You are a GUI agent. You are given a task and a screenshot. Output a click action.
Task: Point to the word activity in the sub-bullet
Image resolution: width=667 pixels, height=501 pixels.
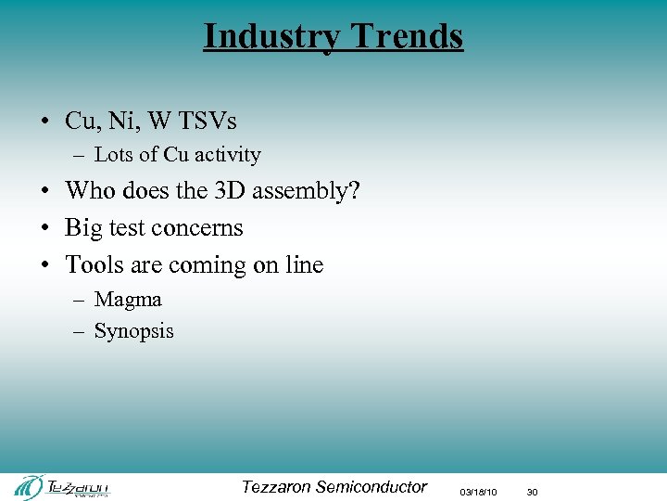(x=227, y=155)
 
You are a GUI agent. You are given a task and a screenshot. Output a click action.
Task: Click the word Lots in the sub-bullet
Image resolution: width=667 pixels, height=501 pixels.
(x=115, y=155)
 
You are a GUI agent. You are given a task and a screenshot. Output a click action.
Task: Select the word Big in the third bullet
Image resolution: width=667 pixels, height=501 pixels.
(x=84, y=228)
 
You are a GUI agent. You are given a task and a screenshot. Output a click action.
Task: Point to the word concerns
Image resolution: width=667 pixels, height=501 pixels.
(x=199, y=228)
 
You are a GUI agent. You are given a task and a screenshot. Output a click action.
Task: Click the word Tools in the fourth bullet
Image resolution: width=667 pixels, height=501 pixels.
(x=91, y=264)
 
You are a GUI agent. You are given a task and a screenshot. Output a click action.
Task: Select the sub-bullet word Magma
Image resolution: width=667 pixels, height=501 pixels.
(x=128, y=300)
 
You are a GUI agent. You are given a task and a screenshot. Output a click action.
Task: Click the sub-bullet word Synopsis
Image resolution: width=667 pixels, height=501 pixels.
(x=134, y=331)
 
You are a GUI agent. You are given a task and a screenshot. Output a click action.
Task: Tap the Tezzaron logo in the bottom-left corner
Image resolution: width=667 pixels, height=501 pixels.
(x=61, y=486)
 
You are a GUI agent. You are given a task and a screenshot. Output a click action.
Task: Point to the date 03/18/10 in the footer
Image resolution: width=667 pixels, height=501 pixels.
(x=479, y=492)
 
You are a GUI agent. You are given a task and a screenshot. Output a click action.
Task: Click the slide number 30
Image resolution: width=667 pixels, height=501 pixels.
(x=532, y=492)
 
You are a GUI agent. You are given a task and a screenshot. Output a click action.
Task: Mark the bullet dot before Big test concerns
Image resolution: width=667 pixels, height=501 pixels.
(x=44, y=229)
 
